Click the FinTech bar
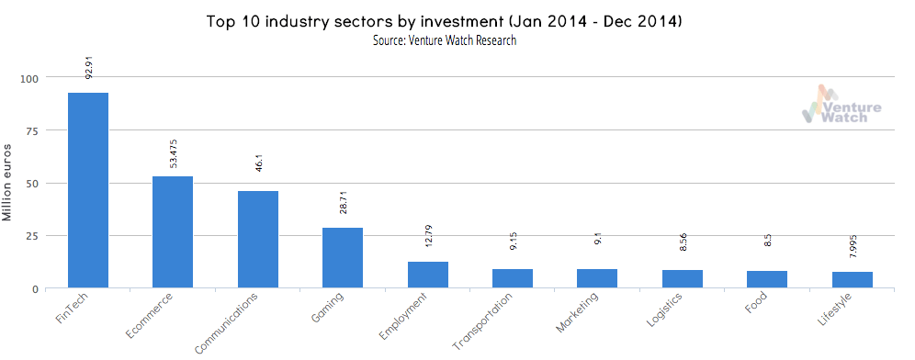click(88, 190)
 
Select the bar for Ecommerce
click(173, 232)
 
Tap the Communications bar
click(258, 240)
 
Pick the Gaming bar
click(343, 258)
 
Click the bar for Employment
click(428, 275)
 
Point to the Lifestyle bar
click(853, 280)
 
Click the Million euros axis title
click(8, 184)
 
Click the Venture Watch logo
click(841, 105)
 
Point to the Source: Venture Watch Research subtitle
click(444, 41)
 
